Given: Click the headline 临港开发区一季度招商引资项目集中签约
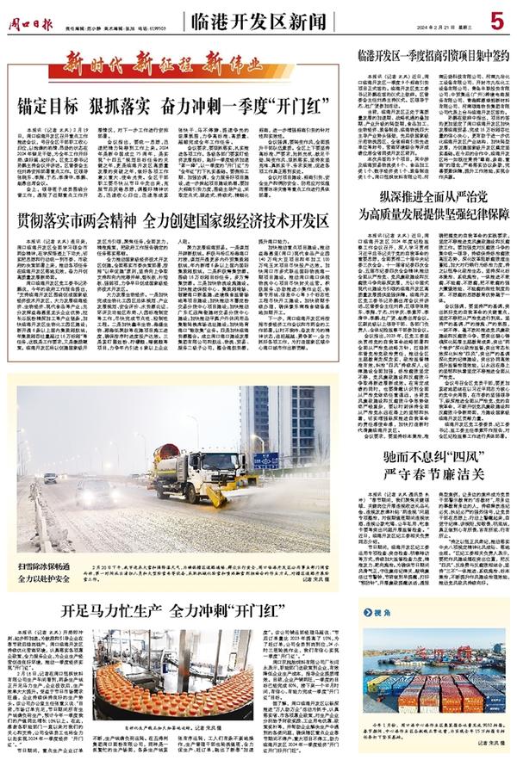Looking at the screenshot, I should (x=429, y=59).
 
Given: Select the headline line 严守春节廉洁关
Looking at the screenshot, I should (x=428, y=471).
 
